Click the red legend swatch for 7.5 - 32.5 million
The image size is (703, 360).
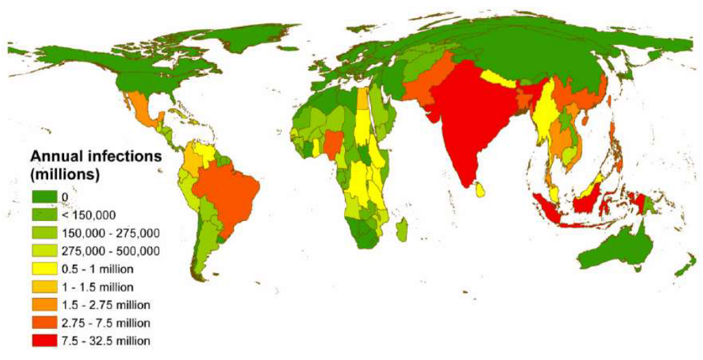(x=45, y=341)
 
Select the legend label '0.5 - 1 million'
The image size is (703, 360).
(x=96, y=268)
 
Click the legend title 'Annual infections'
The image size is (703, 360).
(x=94, y=157)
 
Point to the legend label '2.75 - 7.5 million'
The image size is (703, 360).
(x=105, y=322)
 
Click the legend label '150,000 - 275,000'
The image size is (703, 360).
(x=111, y=233)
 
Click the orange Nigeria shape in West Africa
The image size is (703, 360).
(x=332, y=144)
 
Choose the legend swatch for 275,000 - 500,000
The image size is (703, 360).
(x=45, y=251)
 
